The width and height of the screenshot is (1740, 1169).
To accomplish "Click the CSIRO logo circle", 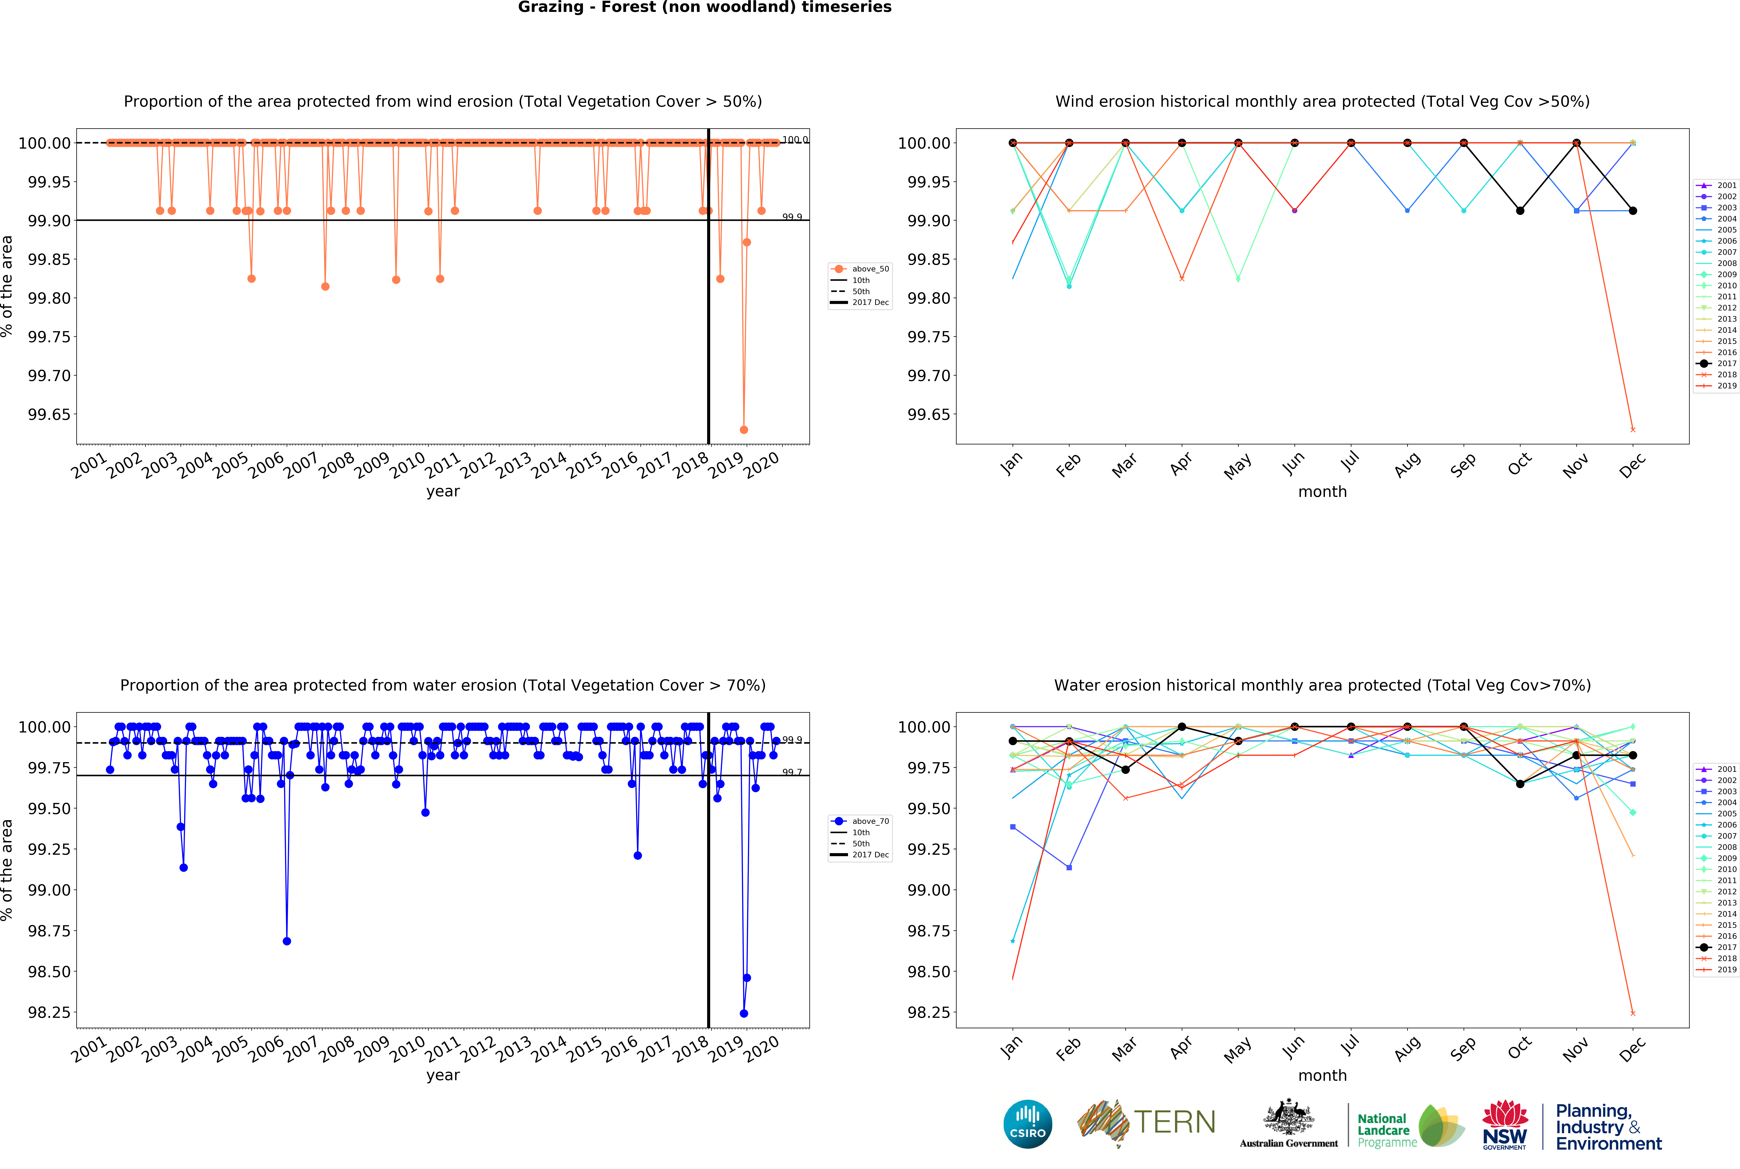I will pos(1027,1124).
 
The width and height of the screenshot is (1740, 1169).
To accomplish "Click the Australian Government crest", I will pos(1288,1118).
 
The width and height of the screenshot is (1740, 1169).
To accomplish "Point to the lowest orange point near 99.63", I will pos(743,429).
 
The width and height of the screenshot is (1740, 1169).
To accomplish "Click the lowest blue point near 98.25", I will pos(743,1013).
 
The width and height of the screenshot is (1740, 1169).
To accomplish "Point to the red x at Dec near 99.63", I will pos(1633,429).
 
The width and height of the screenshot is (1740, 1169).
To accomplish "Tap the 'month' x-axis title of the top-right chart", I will pos(1322,492).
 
